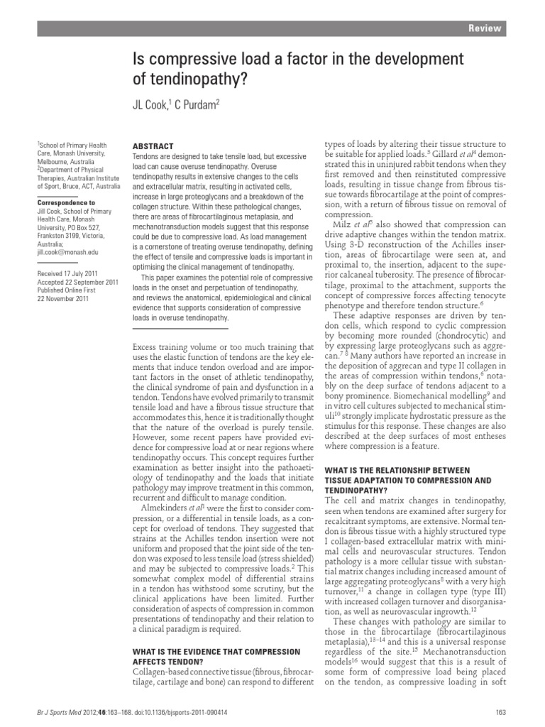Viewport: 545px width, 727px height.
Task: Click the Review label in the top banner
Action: pos(485,28)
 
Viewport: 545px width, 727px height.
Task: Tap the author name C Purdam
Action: pos(196,104)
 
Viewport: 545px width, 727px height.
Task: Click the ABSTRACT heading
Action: pos(152,143)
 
